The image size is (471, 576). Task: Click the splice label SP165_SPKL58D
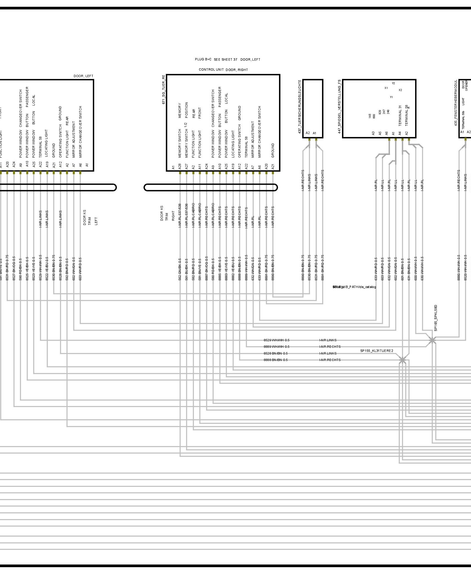[436, 318]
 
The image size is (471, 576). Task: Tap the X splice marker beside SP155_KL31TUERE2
[402, 360]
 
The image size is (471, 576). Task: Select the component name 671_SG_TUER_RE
[164, 89]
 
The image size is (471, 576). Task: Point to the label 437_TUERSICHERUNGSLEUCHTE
[300, 107]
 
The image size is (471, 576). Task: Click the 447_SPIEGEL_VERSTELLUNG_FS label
[339, 106]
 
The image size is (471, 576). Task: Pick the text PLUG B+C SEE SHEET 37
[216, 59]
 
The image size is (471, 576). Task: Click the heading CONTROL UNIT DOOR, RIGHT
[223, 70]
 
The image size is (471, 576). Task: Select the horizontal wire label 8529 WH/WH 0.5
[276, 340]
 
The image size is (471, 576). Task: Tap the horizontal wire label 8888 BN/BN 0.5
[275, 360]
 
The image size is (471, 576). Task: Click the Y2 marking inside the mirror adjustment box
[393, 83]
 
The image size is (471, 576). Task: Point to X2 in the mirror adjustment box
[400, 90]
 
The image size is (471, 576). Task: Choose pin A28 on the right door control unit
[180, 167]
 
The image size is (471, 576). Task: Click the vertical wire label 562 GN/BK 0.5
[180, 269]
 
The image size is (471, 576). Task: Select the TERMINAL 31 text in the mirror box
[400, 116]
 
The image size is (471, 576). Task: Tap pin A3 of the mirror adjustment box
[373, 133]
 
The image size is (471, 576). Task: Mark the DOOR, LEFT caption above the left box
[83, 76]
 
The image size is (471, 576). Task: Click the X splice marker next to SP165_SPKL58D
[432, 340]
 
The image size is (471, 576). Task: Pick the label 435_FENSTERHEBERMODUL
[456, 103]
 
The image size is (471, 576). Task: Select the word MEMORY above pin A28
[180, 110]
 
